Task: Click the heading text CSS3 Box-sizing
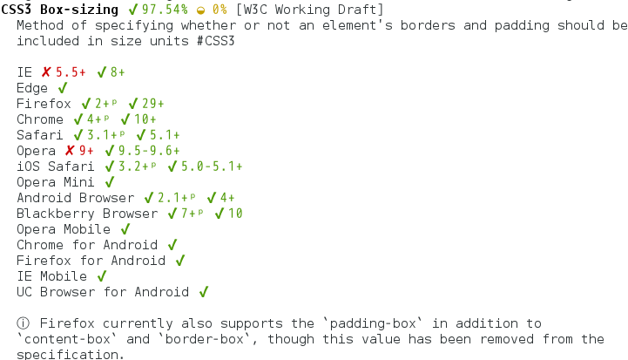click(60, 10)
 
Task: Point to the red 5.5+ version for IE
click(71, 72)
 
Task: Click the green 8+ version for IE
click(118, 72)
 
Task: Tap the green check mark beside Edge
click(62, 88)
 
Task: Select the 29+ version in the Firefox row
click(152, 104)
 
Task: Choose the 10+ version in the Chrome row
click(145, 119)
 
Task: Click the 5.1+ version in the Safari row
click(165, 135)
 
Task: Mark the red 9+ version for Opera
click(86, 151)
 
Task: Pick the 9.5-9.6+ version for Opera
click(149, 151)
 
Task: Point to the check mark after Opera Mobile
click(125, 229)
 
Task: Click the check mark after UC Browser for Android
click(203, 292)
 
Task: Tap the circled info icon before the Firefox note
click(23, 323)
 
